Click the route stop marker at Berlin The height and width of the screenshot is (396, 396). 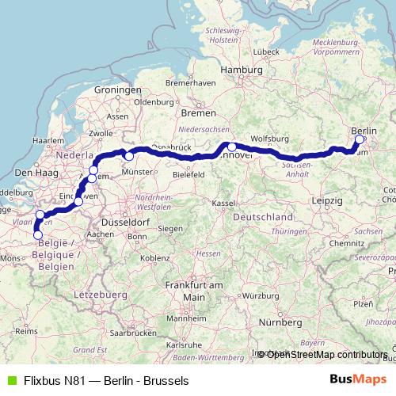(360, 139)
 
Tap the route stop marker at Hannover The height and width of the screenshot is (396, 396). (231, 147)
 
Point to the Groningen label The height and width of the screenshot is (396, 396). (116, 90)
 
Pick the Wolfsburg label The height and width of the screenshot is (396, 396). (270, 139)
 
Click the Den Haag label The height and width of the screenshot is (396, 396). (33, 173)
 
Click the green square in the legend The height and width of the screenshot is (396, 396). (10, 381)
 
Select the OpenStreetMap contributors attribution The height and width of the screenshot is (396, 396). (327, 354)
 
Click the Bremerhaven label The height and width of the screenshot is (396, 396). (192, 83)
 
